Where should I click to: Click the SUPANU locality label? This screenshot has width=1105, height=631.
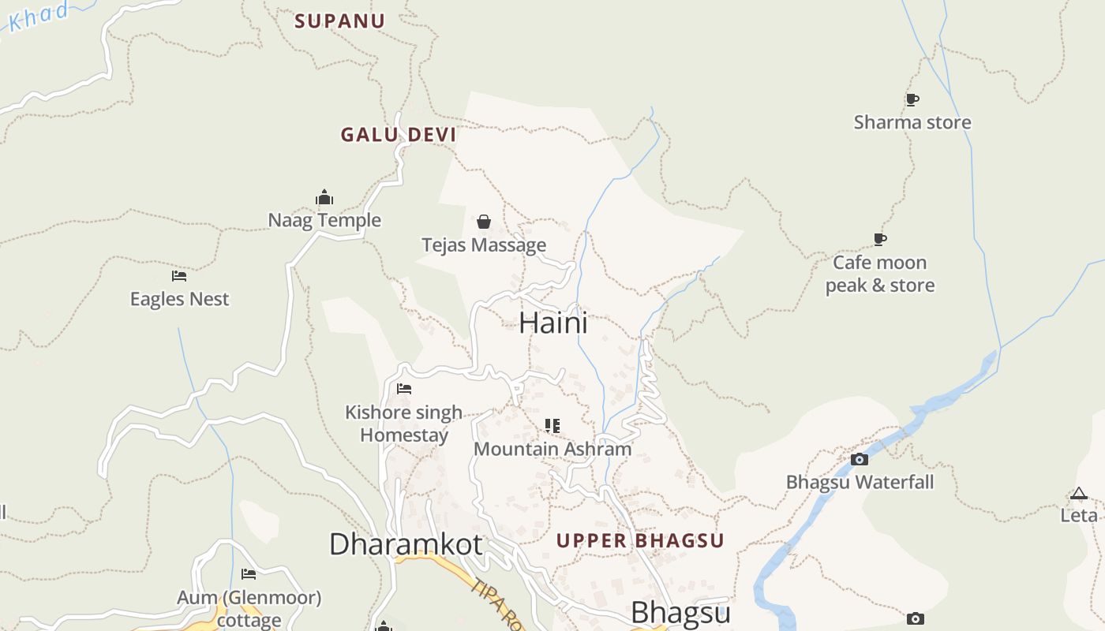[339, 21]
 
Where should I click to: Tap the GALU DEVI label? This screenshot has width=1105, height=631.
[399, 135]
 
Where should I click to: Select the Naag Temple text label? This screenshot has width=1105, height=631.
[324, 220]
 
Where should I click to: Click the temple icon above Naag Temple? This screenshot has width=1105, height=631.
[324, 197]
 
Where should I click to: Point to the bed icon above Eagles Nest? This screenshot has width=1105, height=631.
[179, 276]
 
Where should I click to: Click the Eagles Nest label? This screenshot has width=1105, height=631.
[179, 299]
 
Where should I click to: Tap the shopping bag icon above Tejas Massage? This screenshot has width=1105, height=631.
[484, 222]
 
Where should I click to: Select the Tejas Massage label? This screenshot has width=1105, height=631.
[484, 245]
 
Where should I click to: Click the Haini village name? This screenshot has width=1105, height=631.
[553, 323]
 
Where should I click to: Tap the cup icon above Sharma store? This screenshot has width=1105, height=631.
[912, 99]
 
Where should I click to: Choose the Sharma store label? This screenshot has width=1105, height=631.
[912, 122]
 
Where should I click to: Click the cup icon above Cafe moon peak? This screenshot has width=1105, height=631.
[880, 239]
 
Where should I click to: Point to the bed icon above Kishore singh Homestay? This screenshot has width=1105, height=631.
[404, 389]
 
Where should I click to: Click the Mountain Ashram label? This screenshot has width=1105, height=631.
[552, 449]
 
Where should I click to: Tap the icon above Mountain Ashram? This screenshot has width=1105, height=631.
[552, 426]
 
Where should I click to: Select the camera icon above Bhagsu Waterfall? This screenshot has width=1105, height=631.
[860, 459]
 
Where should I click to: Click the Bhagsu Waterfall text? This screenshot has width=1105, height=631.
[860, 482]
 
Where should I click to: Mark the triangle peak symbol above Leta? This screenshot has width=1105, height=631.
[1079, 494]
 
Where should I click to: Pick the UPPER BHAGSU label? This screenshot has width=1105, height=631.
[640, 541]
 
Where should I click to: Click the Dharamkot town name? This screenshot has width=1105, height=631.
[406, 544]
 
